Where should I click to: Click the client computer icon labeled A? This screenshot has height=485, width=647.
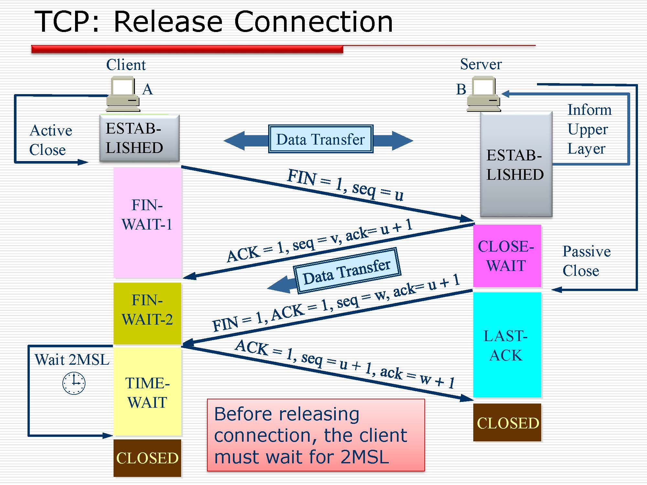point(123,94)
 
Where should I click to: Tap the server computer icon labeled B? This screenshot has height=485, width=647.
point(484,94)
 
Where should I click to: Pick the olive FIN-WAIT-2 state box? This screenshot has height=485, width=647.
point(148,313)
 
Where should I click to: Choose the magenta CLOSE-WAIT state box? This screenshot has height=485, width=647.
point(507,256)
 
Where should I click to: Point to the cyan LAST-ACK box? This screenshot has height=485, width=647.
point(507,345)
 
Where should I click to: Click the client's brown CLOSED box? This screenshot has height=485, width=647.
point(148,458)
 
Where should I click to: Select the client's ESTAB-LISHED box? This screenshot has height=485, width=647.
point(139,138)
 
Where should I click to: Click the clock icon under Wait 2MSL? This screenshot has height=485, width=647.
point(74,383)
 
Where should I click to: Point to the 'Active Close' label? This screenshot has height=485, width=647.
point(50,140)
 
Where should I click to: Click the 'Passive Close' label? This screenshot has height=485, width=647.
point(586,261)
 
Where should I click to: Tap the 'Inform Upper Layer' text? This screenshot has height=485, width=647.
point(589,129)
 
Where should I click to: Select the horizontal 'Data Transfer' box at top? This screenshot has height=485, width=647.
point(321,139)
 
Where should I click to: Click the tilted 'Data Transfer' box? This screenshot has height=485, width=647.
point(347,271)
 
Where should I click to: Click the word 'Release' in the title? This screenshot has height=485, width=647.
point(168,22)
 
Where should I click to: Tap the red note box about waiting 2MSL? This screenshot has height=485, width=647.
point(316,435)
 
